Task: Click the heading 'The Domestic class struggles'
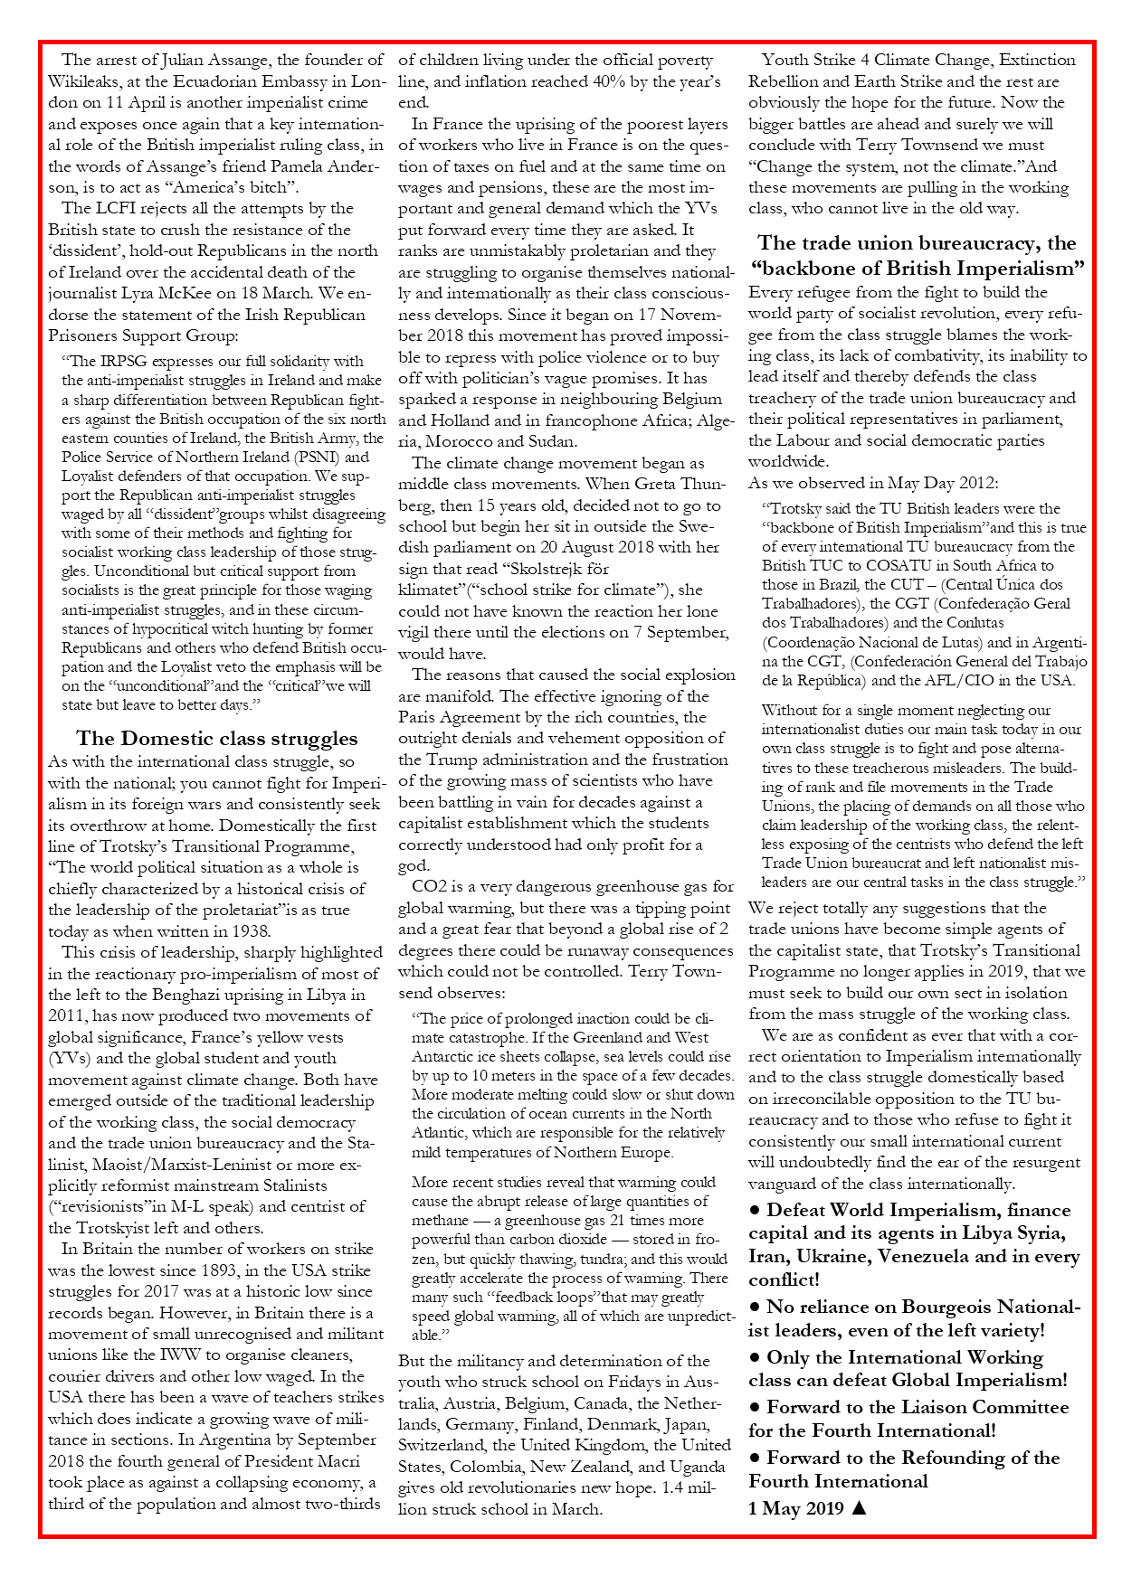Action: tap(217, 739)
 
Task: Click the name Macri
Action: tap(336, 1461)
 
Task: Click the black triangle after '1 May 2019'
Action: tap(860, 1507)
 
